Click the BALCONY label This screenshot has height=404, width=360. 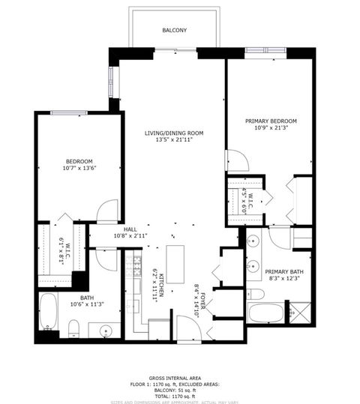coord(175,31)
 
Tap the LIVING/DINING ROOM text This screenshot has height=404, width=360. coord(174,133)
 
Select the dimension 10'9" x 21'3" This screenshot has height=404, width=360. coord(271,128)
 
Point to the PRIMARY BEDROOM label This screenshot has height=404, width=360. coord(271,121)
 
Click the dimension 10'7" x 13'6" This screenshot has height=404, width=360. coord(79,169)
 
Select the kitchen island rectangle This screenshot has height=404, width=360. coord(175,263)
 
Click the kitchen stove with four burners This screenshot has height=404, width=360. coord(136,263)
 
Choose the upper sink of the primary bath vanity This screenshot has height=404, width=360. coord(252,241)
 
